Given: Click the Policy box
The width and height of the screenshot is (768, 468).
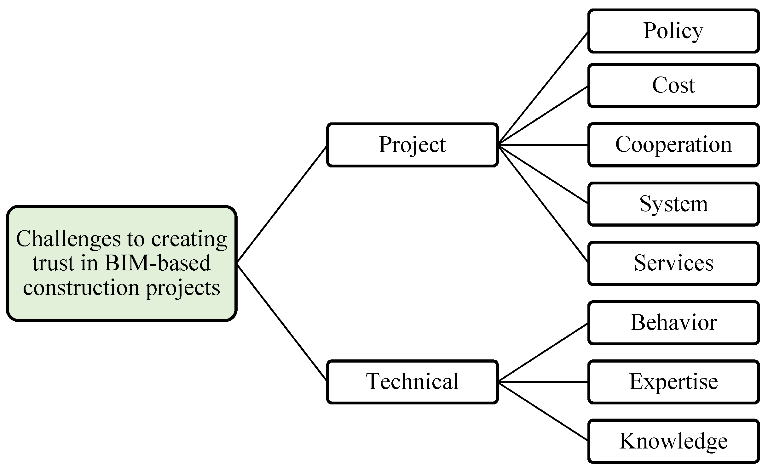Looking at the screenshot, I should tap(673, 31).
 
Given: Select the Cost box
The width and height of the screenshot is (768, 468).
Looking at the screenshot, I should tap(673, 85).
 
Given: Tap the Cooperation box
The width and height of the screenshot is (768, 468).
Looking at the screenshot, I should tap(673, 144).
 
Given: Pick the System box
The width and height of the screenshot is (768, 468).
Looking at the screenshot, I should tap(673, 204).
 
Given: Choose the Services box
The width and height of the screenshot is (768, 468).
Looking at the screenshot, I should tap(673, 263).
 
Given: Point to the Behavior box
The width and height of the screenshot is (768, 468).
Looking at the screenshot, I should tap(673, 323).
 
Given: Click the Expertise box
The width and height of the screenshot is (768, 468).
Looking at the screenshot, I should tap(673, 382).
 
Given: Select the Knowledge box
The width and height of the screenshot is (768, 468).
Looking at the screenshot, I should tap(673, 441).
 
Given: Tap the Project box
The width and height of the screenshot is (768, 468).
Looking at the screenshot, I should tap(412, 144).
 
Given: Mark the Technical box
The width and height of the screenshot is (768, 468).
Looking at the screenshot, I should tap(412, 382).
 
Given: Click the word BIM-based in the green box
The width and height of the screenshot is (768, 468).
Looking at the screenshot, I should tap(158, 263).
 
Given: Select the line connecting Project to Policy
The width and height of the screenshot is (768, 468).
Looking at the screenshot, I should tap(543, 88).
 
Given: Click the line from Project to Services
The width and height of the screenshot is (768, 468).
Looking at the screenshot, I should tap(543, 203).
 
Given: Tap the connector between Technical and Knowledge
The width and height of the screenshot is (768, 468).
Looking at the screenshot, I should tap(543, 411).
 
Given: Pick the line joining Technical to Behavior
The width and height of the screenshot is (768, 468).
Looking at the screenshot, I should tap(543, 352).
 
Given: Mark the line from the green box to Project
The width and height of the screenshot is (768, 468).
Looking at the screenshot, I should tap(282, 204).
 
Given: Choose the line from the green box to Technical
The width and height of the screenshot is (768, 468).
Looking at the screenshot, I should tap(282, 322).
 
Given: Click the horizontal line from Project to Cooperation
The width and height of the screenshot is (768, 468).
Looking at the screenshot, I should tap(543, 145).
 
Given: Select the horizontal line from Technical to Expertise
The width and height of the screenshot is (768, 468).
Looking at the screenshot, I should tap(543, 382).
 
